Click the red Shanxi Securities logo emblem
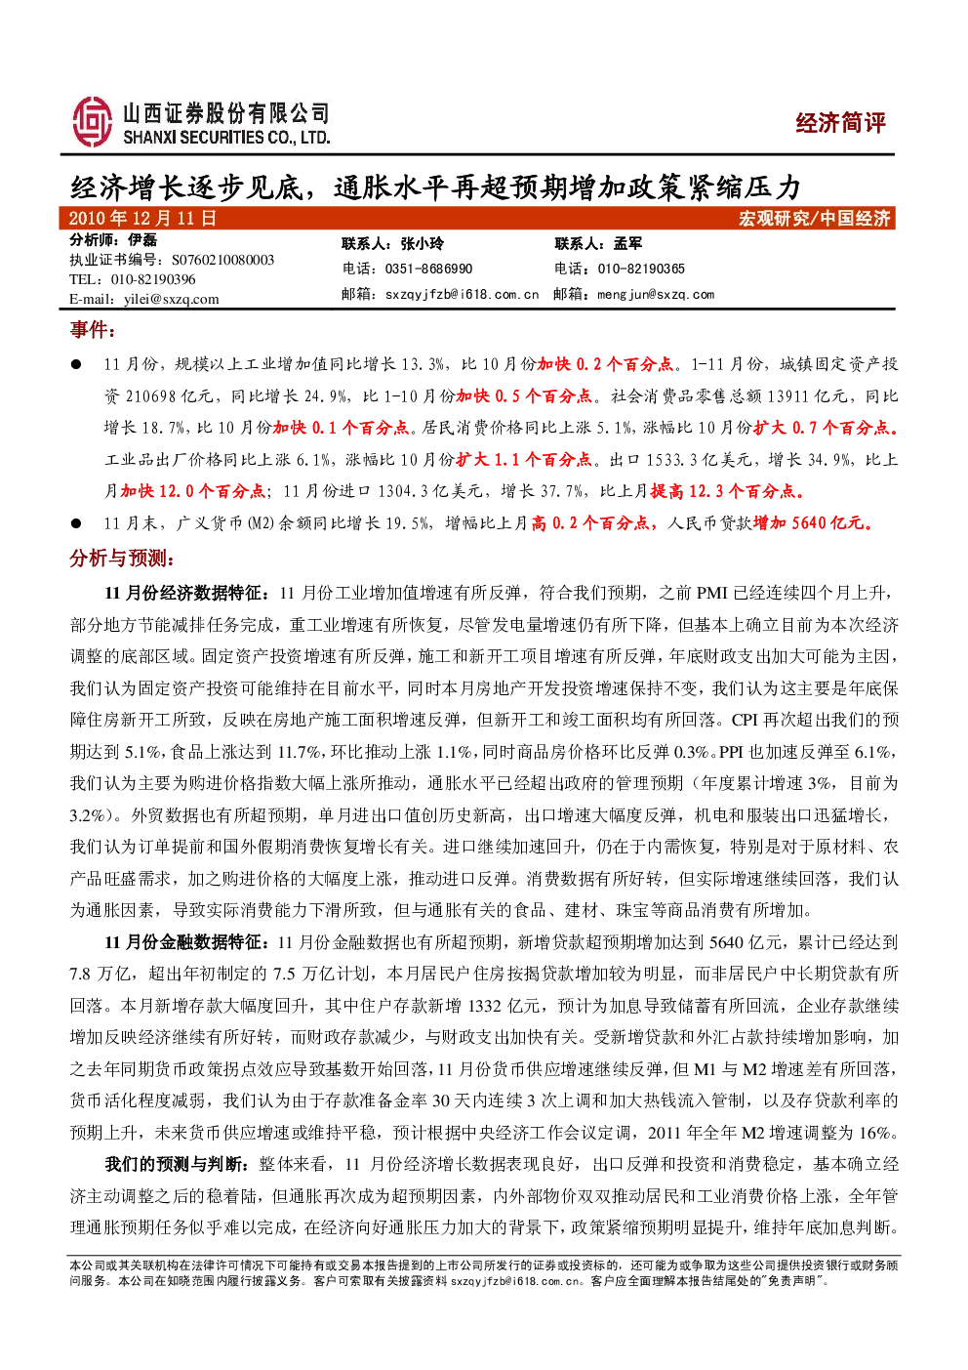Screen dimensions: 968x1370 click(x=93, y=122)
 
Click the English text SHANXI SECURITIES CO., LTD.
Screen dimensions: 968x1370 click(x=226, y=138)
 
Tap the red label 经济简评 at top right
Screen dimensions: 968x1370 click(x=840, y=123)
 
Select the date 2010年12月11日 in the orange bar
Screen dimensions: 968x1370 click(x=143, y=219)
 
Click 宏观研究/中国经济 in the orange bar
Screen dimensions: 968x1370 click(x=815, y=219)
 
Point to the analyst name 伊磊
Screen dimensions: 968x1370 click(x=142, y=240)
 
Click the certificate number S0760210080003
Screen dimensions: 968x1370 click(x=223, y=260)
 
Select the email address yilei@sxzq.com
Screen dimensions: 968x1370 click(x=171, y=299)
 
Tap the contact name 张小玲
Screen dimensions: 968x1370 click(x=423, y=243)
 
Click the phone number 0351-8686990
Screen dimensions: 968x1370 click(x=428, y=269)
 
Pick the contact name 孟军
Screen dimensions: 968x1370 click(x=627, y=243)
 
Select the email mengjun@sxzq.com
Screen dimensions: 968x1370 click(x=656, y=294)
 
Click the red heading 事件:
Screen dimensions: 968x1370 click(x=93, y=330)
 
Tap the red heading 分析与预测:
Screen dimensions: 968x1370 click(x=123, y=558)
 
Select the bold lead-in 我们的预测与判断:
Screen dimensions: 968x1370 click(x=178, y=1164)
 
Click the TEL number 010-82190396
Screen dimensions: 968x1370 click(x=153, y=279)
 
